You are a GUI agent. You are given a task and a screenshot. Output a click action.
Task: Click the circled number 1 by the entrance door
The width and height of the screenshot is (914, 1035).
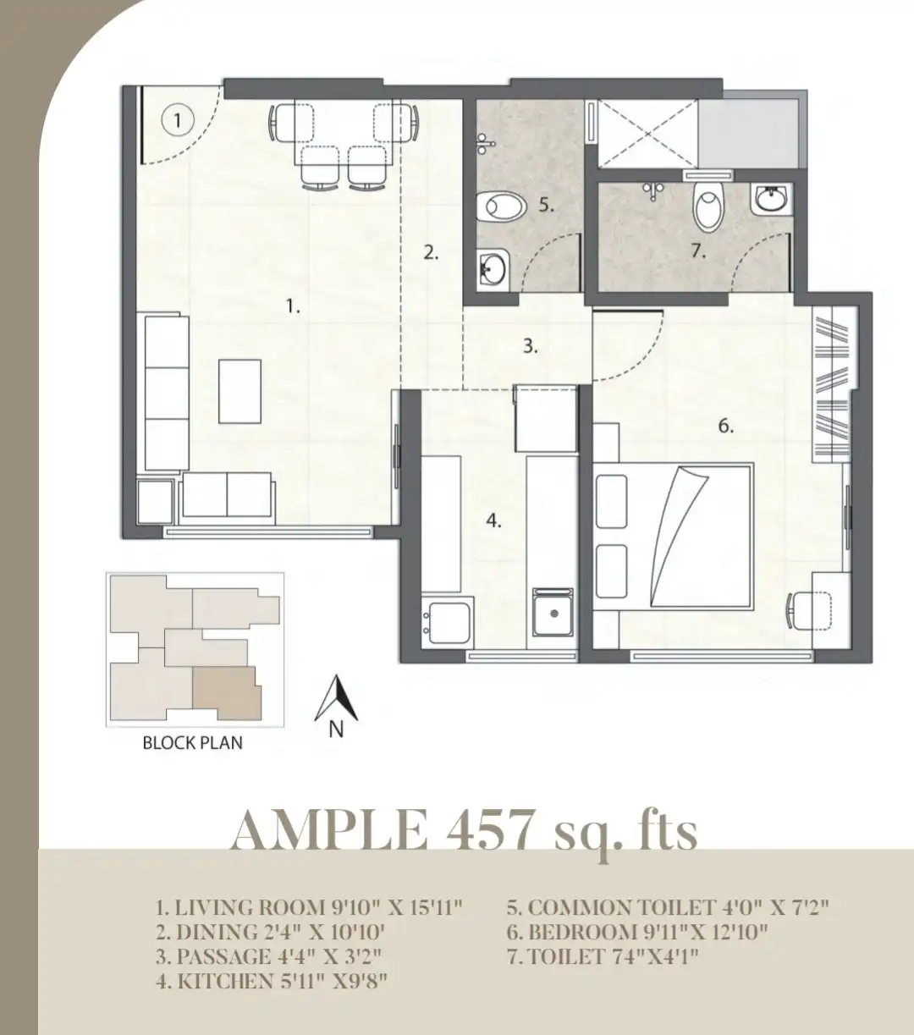click(177, 120)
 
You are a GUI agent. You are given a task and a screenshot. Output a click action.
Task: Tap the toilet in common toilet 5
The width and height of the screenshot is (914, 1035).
click(502, 207)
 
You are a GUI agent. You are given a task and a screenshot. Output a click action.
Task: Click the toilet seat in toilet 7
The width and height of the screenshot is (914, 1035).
click(709, 206)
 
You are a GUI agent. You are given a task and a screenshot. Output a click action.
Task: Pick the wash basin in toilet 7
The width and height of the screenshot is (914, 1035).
click(769, 199)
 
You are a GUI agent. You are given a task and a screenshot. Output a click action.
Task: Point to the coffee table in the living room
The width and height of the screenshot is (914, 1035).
click(240, 391)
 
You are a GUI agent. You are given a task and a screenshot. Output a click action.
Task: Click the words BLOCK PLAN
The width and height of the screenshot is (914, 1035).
click(193, 743)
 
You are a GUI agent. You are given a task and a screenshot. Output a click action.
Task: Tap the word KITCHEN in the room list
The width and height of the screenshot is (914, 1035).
click(224, 980)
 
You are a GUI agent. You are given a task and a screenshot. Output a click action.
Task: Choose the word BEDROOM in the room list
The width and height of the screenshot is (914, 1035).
click(581, 932)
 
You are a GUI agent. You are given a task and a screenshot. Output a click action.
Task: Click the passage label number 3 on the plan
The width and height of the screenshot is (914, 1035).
click(531, 346)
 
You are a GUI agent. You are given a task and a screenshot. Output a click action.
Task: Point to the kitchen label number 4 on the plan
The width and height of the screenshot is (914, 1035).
click(493, 520)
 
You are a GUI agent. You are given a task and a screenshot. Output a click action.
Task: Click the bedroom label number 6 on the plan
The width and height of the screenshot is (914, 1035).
click(726, 426)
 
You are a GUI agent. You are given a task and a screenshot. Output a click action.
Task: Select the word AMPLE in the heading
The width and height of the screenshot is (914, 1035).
click(328, 829)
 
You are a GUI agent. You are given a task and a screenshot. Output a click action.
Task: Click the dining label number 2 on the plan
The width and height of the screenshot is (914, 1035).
click(431, 252)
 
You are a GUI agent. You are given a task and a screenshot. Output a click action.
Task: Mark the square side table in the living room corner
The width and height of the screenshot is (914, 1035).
click(156, 502)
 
